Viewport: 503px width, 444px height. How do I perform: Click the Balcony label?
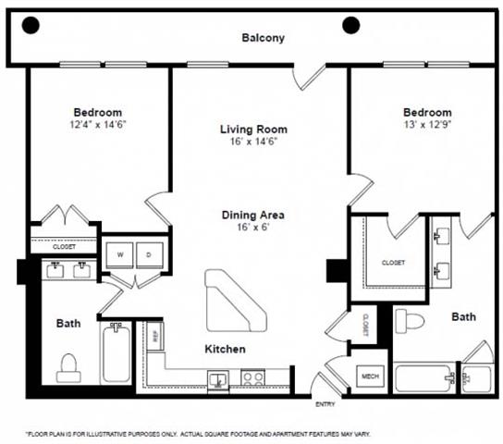click(x=263, y=38)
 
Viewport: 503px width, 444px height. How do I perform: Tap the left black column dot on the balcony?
click(x=31, y=25)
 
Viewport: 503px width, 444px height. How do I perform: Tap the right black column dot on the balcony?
click(x=350, y=25)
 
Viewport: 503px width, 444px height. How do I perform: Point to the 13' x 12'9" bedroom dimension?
click(x=426, y=124)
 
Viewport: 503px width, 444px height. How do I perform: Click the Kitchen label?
click(x=225, y=349)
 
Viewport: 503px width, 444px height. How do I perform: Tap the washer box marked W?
click(x=120, y=253)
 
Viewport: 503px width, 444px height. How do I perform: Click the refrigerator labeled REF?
click(x=155, y=336)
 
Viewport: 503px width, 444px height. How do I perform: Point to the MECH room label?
click(x=371, y=376)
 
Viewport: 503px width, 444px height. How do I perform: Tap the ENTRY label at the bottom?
click(x=325, y=404)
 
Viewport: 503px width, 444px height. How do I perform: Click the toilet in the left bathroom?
click(x=68, y=367)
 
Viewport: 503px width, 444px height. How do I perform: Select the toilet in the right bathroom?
click(x=409, y=322)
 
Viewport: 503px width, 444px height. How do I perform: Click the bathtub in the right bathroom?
click(x=424, y=379)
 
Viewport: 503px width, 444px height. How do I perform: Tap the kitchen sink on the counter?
click(x=219, y=377)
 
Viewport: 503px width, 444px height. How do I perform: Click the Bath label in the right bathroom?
click(x=463, y=316)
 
